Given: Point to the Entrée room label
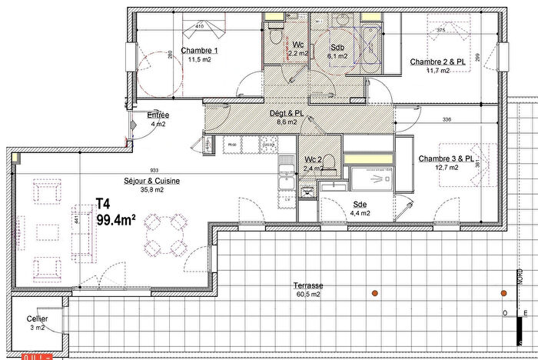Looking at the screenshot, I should [x=158, y=115].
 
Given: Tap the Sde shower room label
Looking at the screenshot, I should [x=360, y=205].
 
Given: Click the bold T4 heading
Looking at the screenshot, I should [x=104, y=205].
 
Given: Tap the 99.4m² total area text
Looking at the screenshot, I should [x=116, y=221].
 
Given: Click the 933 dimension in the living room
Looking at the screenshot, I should [x=154, y=171].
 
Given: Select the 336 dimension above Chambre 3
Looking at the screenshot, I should [x=447, y=119].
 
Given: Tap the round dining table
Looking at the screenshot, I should [x=165, y=234].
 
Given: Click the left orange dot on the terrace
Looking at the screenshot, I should [x=374, y=293].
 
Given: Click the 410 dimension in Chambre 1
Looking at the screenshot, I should [x=199, y=27].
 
